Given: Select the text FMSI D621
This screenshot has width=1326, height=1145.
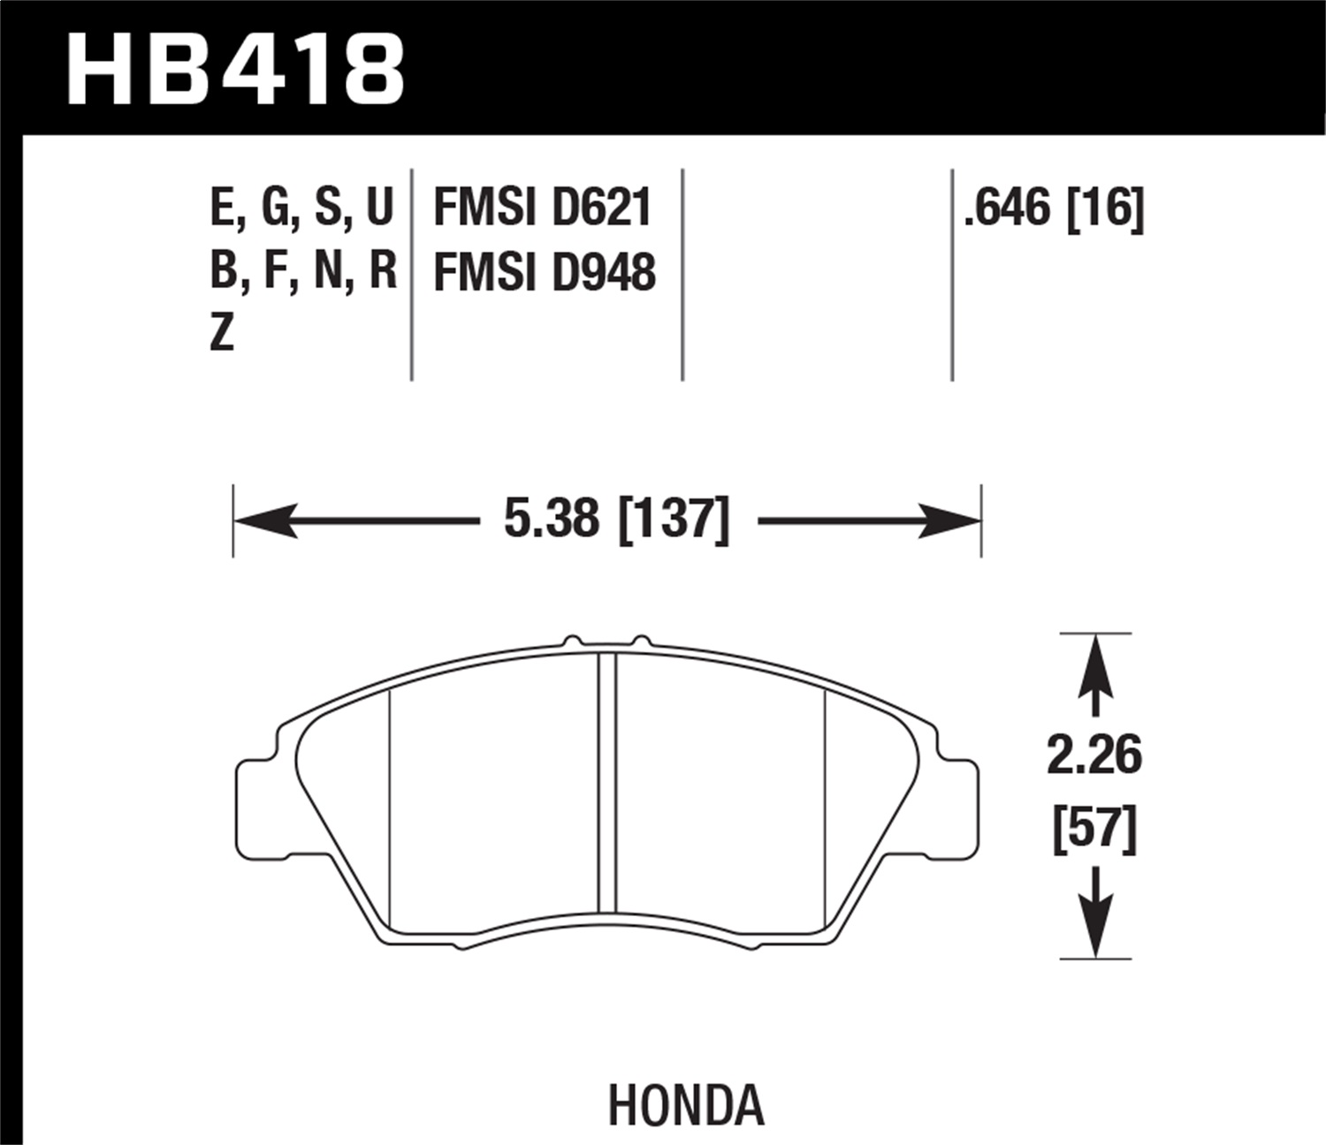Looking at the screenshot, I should [542, 209].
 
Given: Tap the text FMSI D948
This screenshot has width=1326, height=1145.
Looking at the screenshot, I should [544, 272].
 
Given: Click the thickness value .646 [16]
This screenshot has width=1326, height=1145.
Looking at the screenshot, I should [1054, 209].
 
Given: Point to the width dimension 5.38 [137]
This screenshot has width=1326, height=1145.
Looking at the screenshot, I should [616, 519].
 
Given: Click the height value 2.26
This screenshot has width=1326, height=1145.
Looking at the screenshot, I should [1094, 756].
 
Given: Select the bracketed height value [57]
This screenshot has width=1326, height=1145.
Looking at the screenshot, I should [1094, 829].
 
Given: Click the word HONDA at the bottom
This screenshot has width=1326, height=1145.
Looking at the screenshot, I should [685, 1105].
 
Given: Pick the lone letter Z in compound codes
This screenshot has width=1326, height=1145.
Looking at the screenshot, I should [222, 333].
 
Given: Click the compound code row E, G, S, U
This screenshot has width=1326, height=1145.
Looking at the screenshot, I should [301, 209].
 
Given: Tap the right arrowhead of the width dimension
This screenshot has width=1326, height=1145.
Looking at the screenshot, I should [950, 520].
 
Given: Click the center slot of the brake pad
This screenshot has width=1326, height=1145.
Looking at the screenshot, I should [607, 783].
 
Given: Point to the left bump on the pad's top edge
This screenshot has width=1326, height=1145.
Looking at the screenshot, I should [572, 641].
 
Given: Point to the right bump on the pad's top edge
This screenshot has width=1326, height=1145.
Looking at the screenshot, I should [642, 641].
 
